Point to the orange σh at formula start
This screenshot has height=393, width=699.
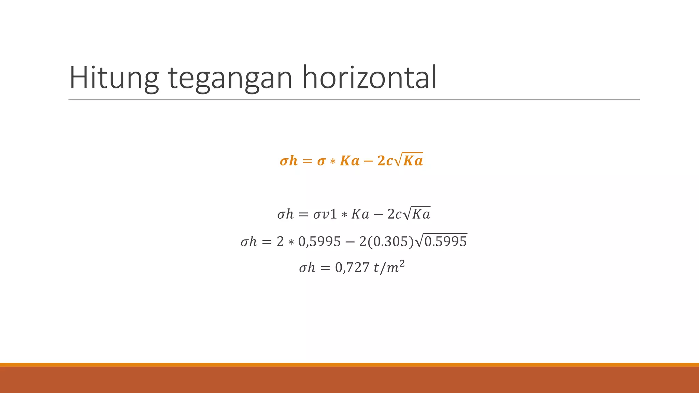[x=288, y=161]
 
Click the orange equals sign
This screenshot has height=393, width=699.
[x=307, y=161]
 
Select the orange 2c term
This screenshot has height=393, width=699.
[x=385, y=161]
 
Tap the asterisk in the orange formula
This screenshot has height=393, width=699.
[x=333, y=161]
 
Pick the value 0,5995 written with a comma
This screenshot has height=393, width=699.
[x=319, y=242]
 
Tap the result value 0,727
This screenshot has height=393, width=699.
[x=352, y=268]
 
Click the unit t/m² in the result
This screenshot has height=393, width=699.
[x=389, y=268]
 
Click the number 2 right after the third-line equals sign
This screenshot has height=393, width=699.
[x=280, y=242]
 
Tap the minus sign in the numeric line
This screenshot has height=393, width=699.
[x=350, y=242]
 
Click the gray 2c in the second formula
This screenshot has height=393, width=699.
[x=395, y=214]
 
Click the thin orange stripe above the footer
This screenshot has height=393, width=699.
[x=349, y=365]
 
